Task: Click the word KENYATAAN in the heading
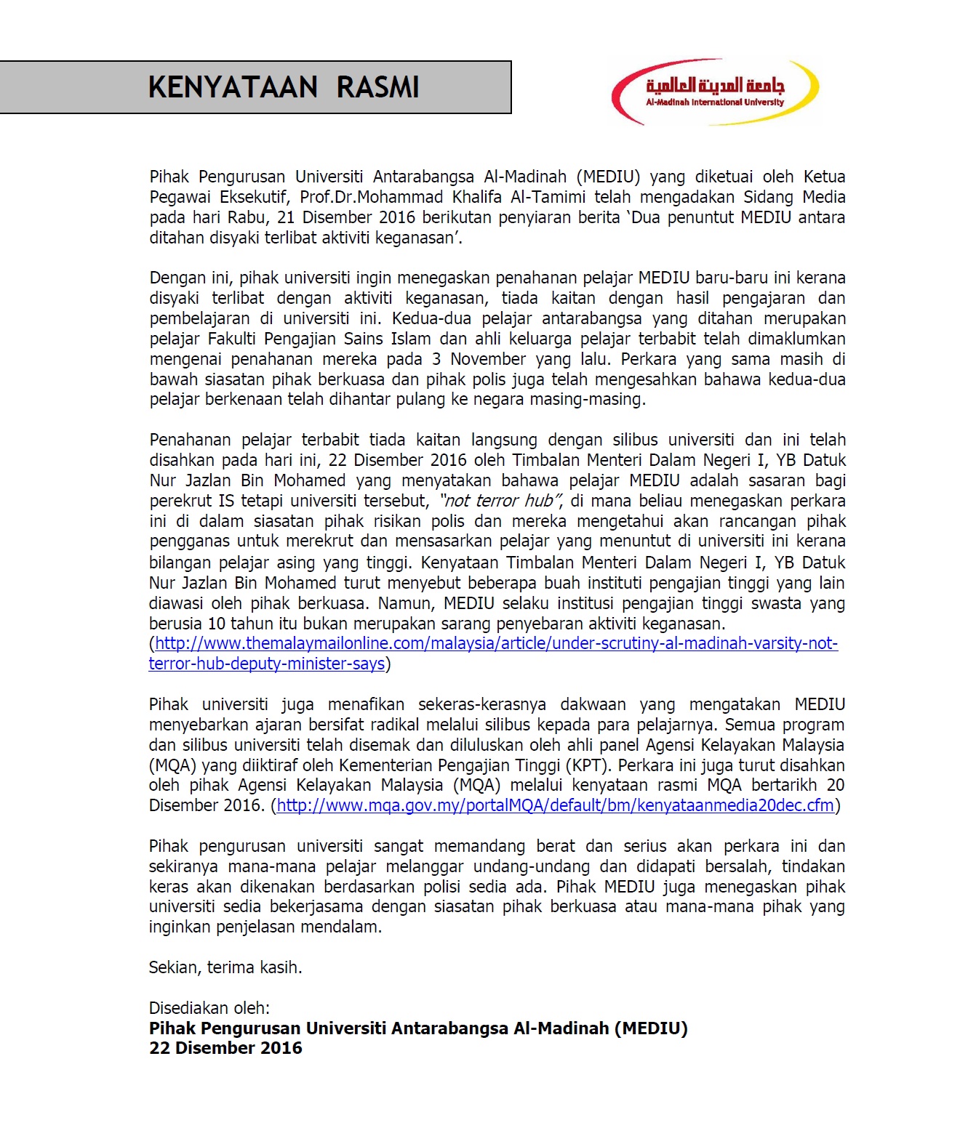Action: (x=233, y=87)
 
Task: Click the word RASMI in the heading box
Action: (x=377, y=87)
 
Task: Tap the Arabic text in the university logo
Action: (x=715, y=85)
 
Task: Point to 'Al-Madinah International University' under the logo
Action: (x=715, y=102)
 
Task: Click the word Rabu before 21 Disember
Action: (x=247, y=217)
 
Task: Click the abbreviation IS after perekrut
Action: (x=226, y=501)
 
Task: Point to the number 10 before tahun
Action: (x=216, y=624)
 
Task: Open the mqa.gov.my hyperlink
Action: (x=555, y=805)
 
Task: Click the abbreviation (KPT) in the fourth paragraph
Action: (x=588, y=765)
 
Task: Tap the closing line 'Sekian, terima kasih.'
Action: (x=225, y=967)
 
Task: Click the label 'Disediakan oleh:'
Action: (x=209, y=1008)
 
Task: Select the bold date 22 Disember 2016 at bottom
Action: (x=225, y=1048)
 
